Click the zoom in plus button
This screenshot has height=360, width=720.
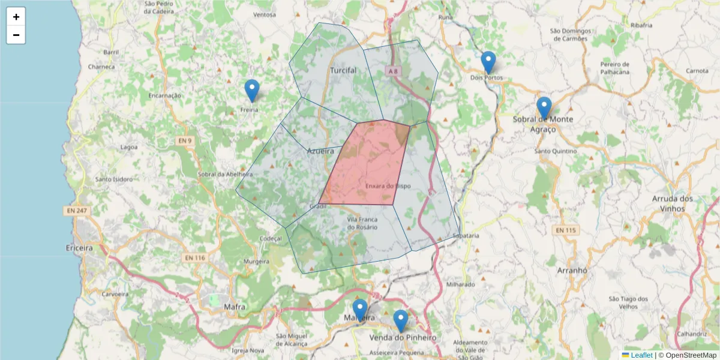[16, 17]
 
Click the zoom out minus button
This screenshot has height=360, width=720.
[16, 35]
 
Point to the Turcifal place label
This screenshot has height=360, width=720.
[343, 70]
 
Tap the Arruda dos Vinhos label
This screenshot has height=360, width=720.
[672, 203]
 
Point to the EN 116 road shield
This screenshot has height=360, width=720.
[194, 257]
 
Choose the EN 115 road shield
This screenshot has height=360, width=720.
[565, 230]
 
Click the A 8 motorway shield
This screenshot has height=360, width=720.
[393, 71]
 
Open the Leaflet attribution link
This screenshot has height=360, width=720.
[641, 355]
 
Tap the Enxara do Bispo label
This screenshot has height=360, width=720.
[388, 187]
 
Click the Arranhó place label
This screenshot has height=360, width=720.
[571, 271]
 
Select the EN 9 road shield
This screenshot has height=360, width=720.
[184, 141]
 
